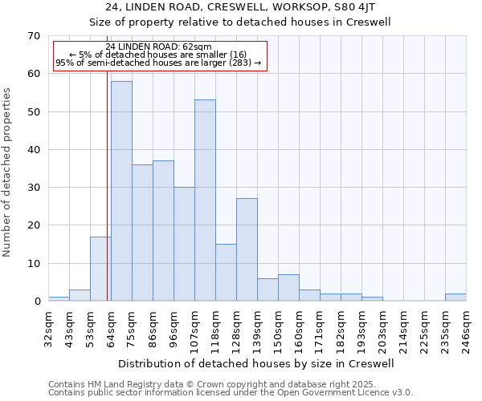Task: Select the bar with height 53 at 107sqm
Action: tap(205, 200)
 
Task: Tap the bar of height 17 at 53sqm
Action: tap(100, 269)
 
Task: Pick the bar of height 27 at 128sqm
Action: tap(247, 249)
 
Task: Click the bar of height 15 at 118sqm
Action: tap(226, 273)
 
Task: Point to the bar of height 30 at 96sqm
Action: tap(184, 244)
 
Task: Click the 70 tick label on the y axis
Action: tap(33, 36)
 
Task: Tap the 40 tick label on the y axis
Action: tap(33, 150)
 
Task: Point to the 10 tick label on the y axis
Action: tap(33, 264)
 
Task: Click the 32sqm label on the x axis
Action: tap(48, 327)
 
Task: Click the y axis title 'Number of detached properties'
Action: tap(8, 172)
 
